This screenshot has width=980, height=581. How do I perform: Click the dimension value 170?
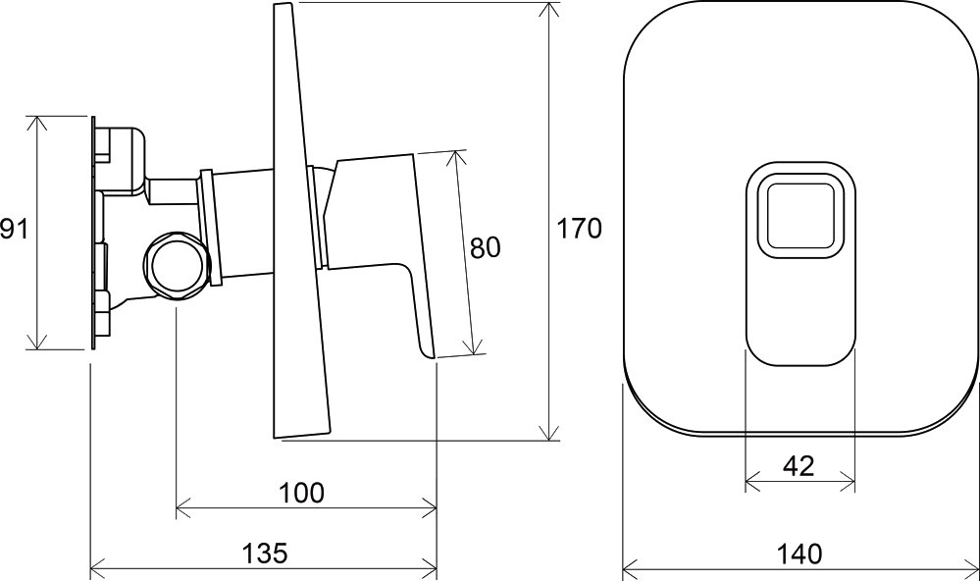(x=579, y=229)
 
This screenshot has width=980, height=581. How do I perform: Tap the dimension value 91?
(x=14, y=229)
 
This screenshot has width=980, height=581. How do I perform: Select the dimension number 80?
(x=486, y=248)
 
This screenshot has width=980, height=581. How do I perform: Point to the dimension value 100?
(x=302, y=493)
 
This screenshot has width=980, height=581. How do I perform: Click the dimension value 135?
(x=265, y=553)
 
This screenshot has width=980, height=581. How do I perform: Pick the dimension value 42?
(x=799, y=466)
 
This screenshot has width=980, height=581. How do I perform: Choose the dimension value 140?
(x=799, y=554)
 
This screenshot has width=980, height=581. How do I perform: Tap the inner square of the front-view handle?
(x=800, y=216)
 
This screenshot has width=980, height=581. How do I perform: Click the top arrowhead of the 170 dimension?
(x=549, y=11)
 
